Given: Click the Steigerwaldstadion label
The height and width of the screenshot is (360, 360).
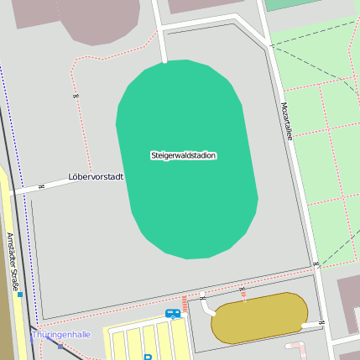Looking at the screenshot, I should click(x=183, y=155).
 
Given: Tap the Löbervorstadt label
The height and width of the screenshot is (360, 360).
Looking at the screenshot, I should click(x=95, y=177).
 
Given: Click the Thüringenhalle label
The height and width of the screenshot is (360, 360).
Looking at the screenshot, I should click(x=60, y=334).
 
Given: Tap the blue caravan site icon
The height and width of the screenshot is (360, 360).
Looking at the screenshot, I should click(x=172, y=313).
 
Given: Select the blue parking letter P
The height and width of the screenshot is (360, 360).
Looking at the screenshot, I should click(x=148, y=357).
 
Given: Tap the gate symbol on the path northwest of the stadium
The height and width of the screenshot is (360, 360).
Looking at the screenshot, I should click(x=76, y=96).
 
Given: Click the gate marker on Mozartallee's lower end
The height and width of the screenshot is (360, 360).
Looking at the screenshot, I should click(x=316, y=264).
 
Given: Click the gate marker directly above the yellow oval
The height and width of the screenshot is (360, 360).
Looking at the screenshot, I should click(x=242, y=290).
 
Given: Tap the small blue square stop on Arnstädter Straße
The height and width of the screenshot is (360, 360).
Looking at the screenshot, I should click(x=19, y=295).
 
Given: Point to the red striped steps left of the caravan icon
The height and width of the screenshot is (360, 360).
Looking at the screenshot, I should click(x=185, y=304).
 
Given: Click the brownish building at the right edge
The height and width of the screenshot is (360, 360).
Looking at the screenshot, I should click(x=348, y=303).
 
